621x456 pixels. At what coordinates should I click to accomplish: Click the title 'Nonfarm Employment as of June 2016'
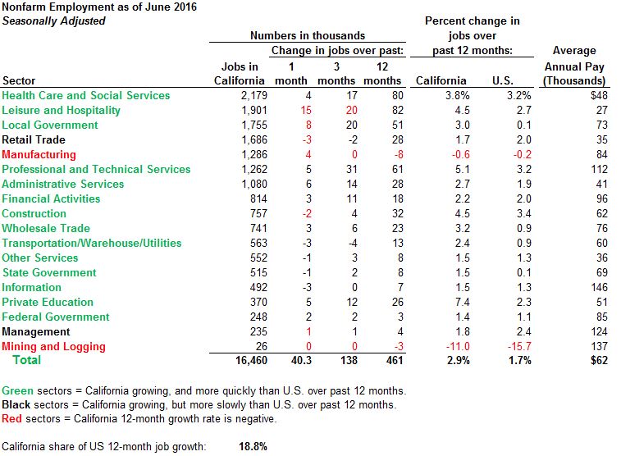[104, 7]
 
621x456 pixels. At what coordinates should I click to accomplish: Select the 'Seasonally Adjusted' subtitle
[53, 21]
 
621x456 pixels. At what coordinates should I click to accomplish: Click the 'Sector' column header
[19, 80]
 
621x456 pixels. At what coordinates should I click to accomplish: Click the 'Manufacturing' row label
[39, 154]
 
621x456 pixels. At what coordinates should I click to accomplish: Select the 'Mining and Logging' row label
[53, 346]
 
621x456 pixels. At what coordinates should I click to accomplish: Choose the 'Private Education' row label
[48, 302]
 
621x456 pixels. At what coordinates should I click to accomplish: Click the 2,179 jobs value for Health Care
[249, 95]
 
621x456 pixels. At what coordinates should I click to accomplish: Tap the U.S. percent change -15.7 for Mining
[507, 346]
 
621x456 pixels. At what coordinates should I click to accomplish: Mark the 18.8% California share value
[253, 446]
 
